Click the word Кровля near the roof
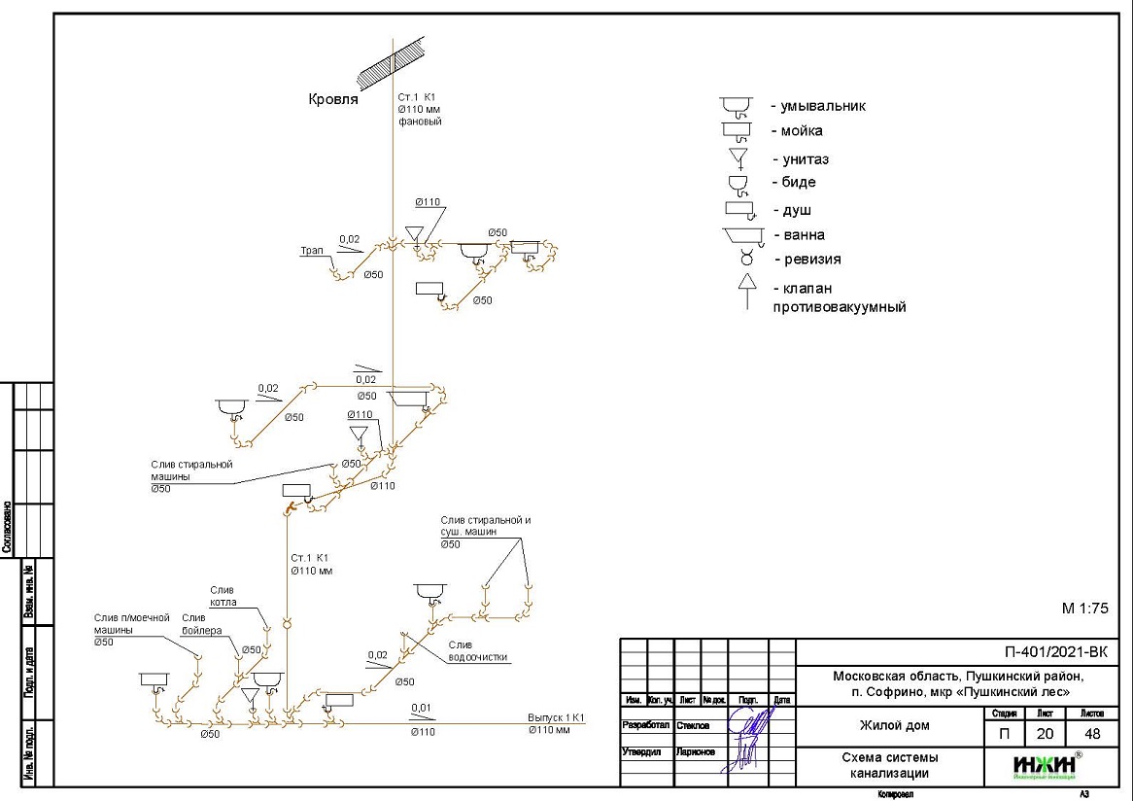click(333, 99)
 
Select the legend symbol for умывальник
click(738, 106)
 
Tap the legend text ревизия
click(807, 260)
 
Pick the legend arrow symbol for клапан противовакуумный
click(747, 290)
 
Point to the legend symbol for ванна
click(743, 235)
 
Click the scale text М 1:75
click(1084, 609)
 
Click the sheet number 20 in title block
click(1044, 734)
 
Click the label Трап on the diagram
click(311, 251)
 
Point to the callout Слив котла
click(223, 596)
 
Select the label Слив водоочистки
click(477, 651)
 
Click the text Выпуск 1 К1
click(555, 718)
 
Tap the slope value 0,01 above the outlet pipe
click(421, 707)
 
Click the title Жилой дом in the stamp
click(894, 725)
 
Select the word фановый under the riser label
click(420, 122)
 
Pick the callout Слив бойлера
click(202, 624)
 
